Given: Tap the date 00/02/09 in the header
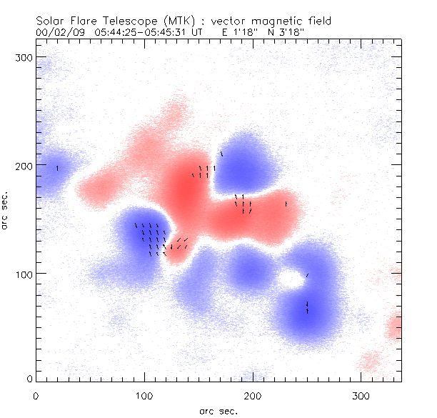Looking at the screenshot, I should (56, 31).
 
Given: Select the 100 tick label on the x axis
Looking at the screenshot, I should (144, 394).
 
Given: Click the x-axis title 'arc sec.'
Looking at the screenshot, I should (217, 410).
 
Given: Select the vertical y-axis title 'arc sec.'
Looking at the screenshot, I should (5, 210).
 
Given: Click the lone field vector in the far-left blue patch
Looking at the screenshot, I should (57, 168).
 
